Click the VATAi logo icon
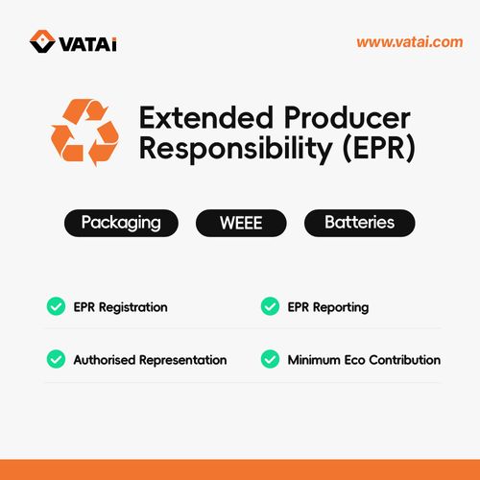pos(41,41)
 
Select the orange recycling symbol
pos(85,133)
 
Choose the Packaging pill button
pos(120,223)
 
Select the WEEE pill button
pos(242,223)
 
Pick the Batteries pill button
pos(360,223)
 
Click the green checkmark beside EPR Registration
pos(56,307)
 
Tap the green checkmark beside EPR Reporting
pos(270,307)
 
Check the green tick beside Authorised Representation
pos(56,360)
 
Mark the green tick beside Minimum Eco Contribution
pos(270,360)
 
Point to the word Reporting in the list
pos(341,307)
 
